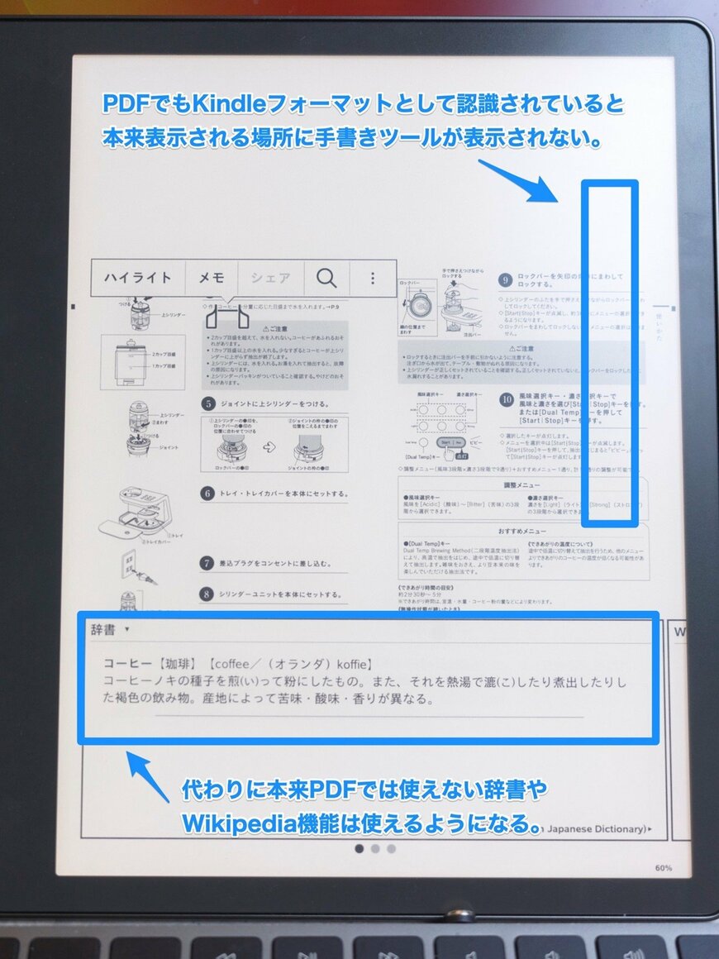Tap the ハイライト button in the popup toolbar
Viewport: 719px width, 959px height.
tap(138, 279)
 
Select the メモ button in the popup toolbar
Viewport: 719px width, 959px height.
tap(212, 279)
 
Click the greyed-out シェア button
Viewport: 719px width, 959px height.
tap(270, 279)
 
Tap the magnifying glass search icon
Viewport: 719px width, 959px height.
tap(326, 279)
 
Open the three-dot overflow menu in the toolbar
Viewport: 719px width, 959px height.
tap(373, 279)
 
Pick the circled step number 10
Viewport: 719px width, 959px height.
tap(507, 399)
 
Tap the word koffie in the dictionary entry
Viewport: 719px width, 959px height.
tap(348, 663)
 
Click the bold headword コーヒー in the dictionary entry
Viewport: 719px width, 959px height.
tap(127, 663)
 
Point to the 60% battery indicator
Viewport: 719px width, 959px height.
tap(663, 868)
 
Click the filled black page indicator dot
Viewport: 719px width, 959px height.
tap(359, 848)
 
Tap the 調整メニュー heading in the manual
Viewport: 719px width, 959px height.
tap(521, 485)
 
